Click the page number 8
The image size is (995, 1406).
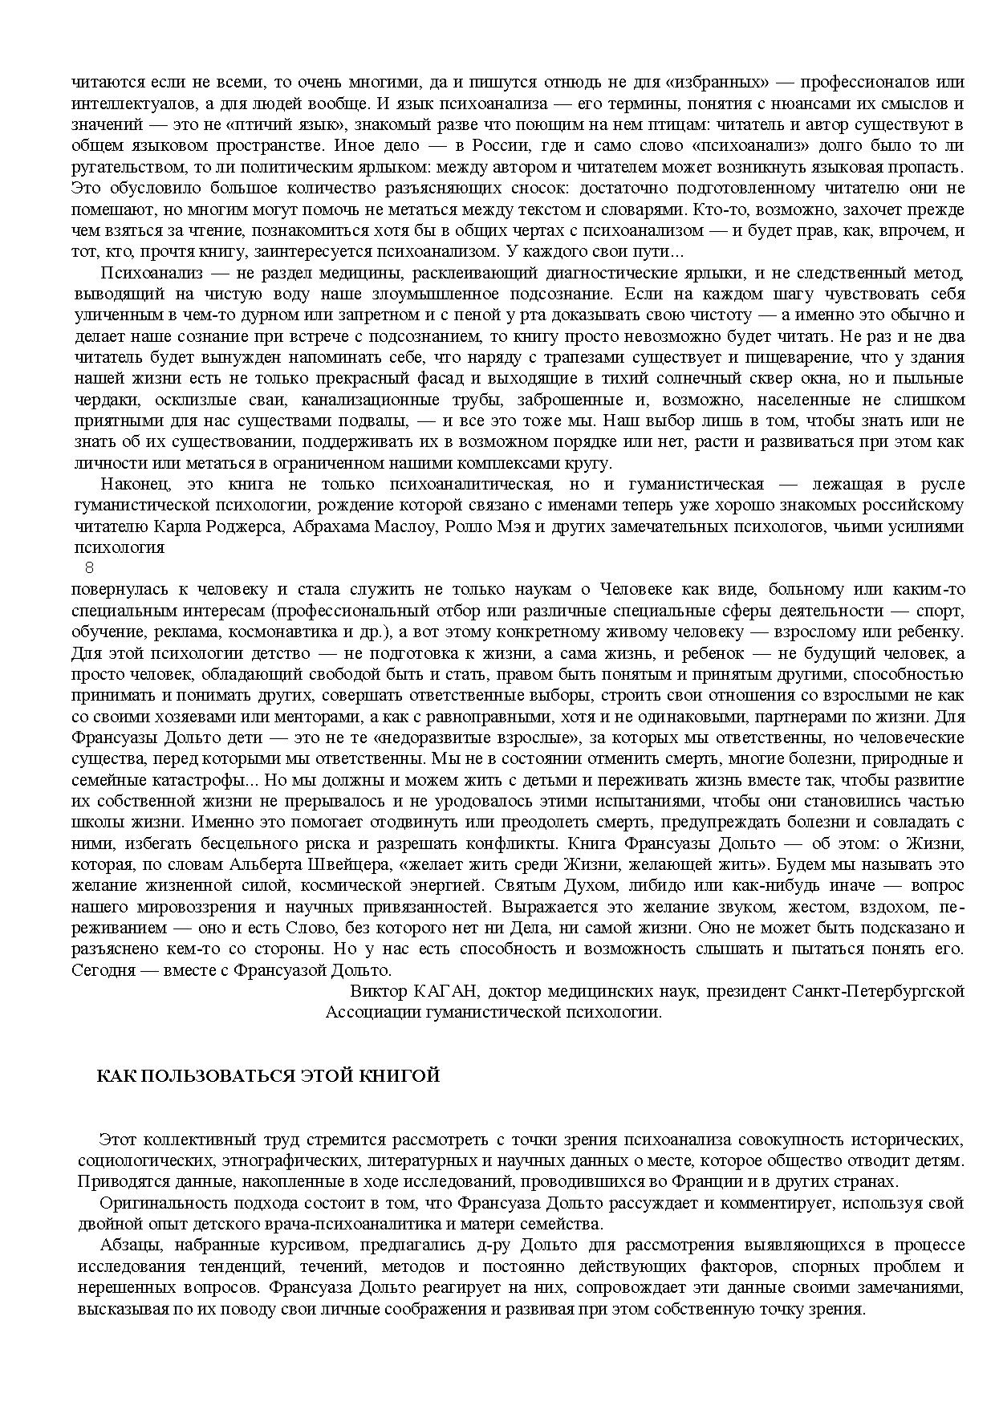[x=89, y=567]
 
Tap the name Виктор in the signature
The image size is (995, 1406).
[x=377, y=991]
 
